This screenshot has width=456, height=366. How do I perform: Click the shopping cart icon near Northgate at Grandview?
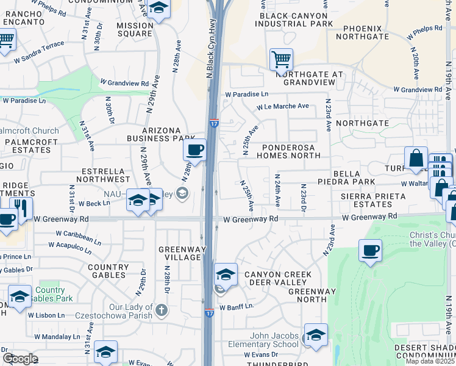[x=281, y=60]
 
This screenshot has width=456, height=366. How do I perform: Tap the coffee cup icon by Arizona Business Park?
[x=194, y=149]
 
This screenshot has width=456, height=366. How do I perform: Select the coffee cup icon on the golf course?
[x=370, y=249]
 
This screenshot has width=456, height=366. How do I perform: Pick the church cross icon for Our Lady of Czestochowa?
[x=160, y=309]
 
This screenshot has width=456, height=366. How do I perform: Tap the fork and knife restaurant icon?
[x=21, y=209]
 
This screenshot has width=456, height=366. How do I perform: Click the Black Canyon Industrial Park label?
[x=296, y=19]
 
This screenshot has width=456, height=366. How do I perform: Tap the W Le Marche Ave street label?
[x=283, y=106]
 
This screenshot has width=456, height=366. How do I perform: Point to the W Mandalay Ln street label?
[x=57, y=336]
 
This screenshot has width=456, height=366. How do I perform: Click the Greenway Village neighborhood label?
[x=180, y=253]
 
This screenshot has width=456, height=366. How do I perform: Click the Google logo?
[x=20, y=359]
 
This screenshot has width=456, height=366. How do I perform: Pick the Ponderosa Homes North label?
[x=291, y=151]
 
